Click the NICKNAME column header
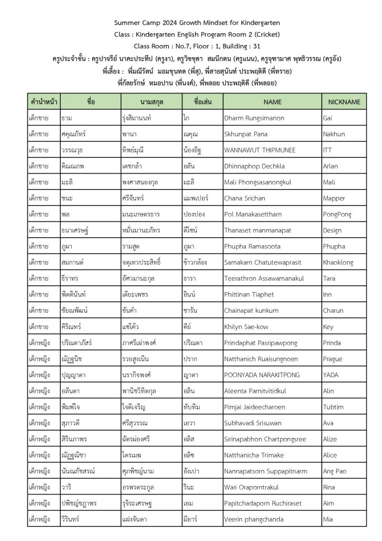click(x=344, y=101)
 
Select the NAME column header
click(x=272, y=101)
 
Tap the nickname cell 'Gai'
click(x=327, y=118)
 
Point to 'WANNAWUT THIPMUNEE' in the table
click(x=260, y=150)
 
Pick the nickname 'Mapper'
click(x=333, y=199)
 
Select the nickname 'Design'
click(x=332, y=230)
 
